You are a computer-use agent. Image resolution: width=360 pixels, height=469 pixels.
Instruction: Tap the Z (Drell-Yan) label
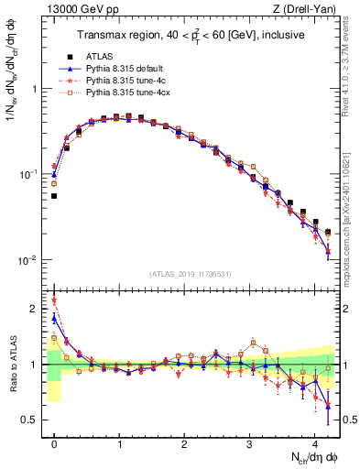tap(304, 8)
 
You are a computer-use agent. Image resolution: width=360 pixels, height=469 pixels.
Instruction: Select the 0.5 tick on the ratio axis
tap(35, 420)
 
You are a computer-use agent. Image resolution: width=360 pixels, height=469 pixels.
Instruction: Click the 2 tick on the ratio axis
tap(38, 309)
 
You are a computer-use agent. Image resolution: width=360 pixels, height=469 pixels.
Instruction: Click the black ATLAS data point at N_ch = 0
tap(54, 196)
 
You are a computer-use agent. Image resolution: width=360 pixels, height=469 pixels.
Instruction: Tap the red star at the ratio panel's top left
tap(54, 300)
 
